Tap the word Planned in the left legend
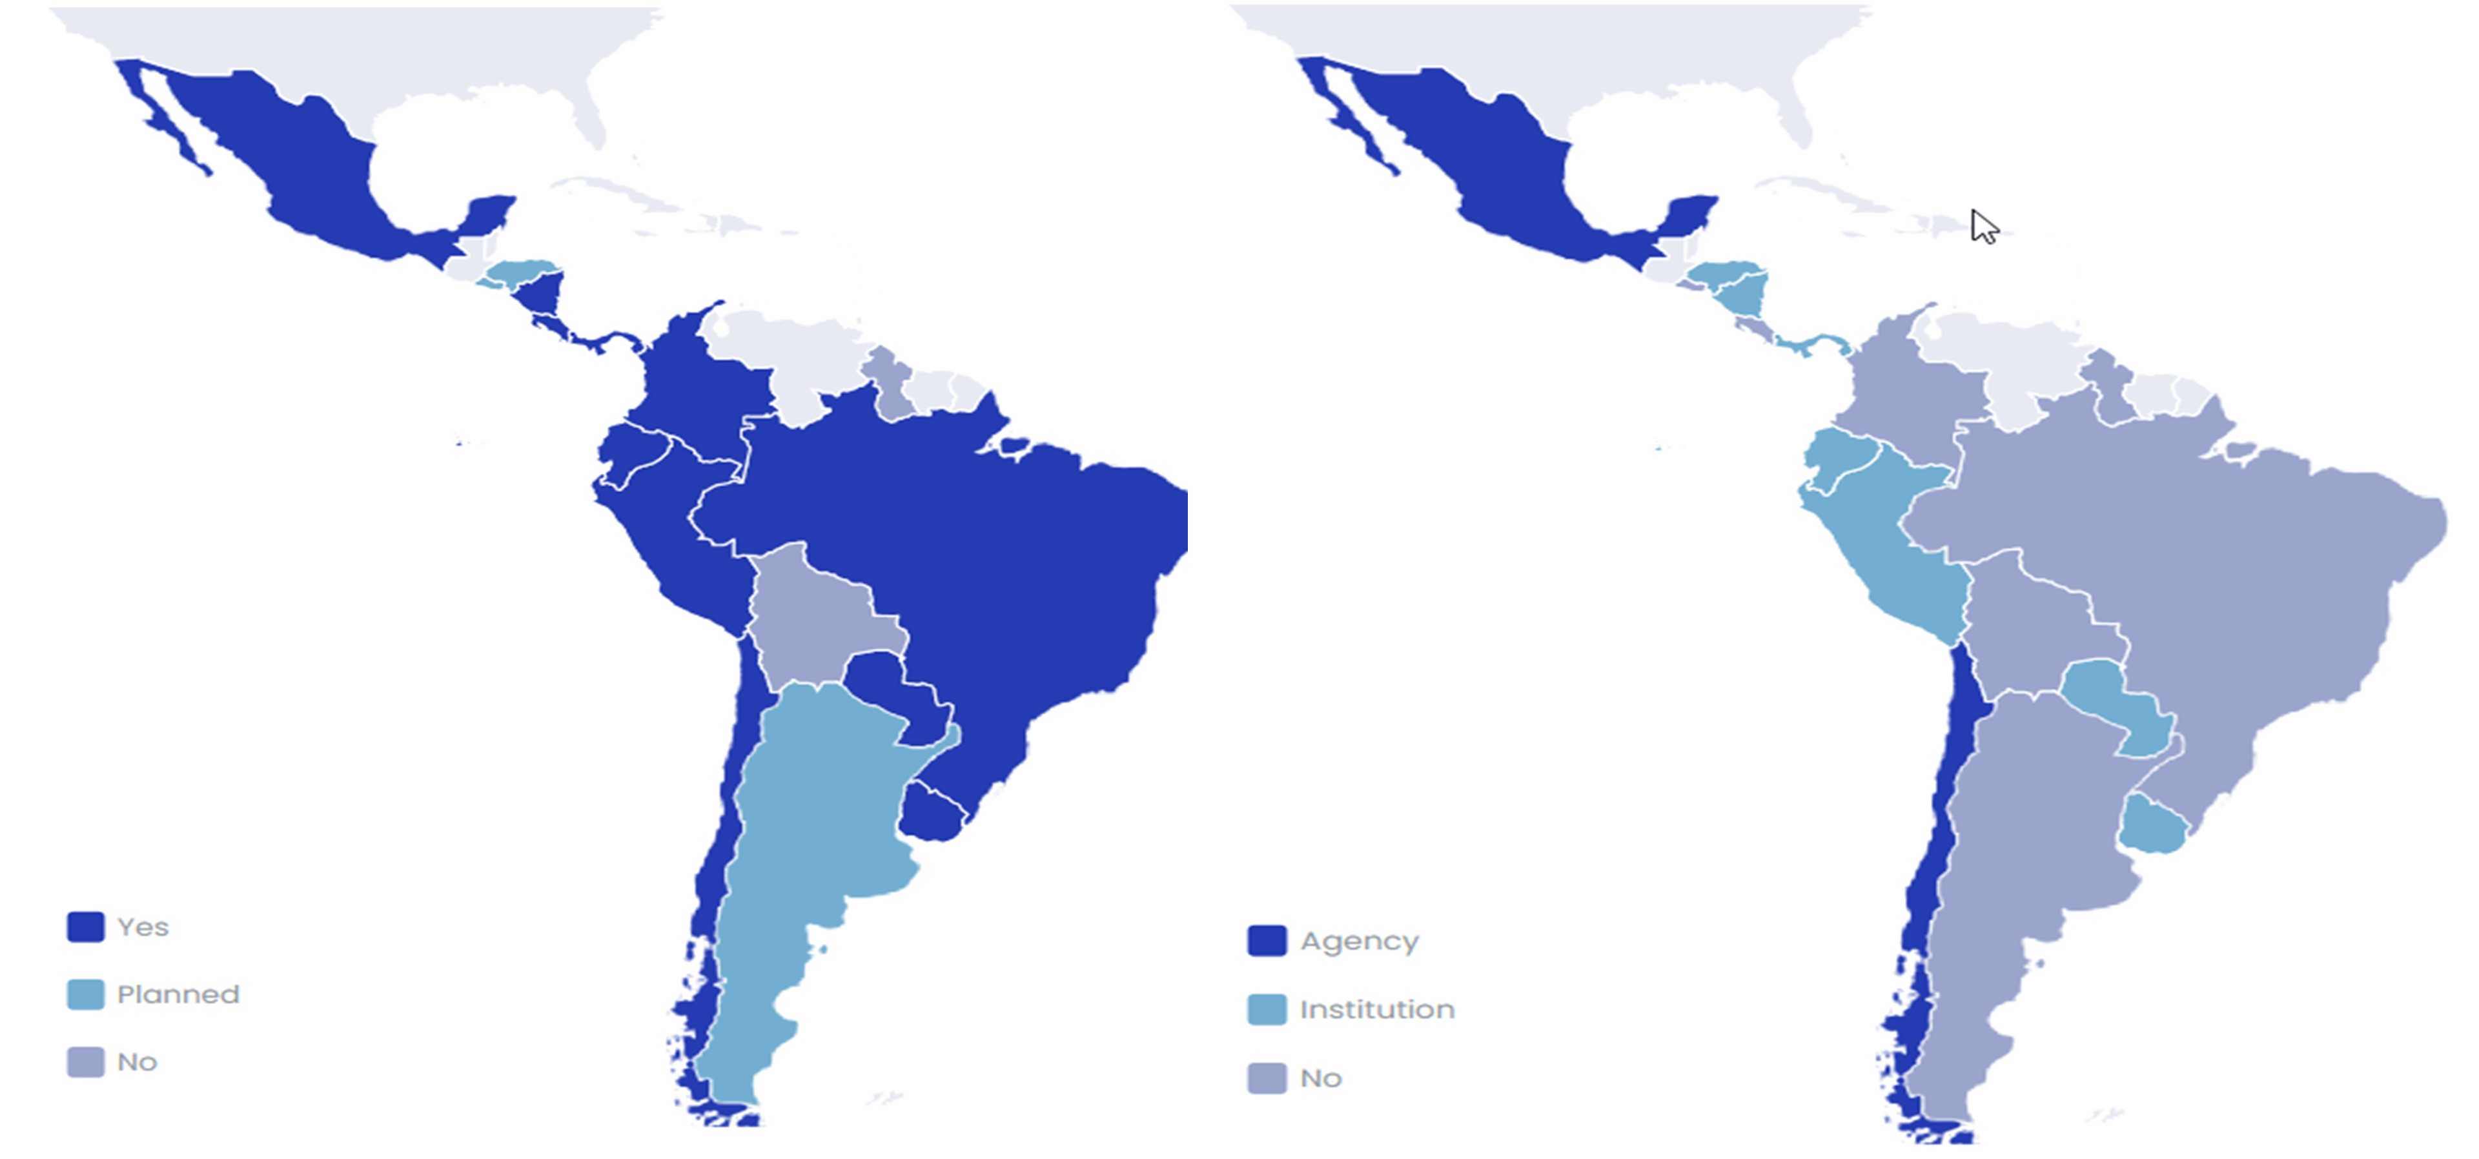[x=178, y=994]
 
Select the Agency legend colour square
[x=1267, y=941]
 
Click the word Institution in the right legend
[x=1377, y=1010]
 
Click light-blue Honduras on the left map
[x=520, y=271]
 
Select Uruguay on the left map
[x=932, y=814]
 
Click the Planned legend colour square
[x=86, y=994]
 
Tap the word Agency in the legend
[x=1359, y=941]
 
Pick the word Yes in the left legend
[x=143, y=927]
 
